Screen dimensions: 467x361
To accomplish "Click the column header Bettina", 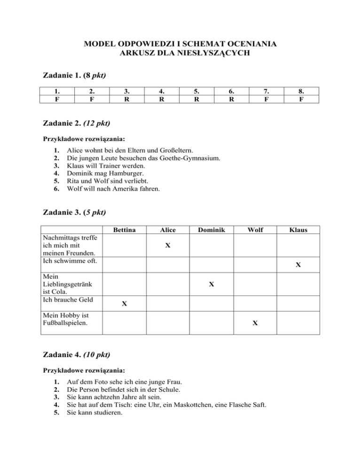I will pos(125,230).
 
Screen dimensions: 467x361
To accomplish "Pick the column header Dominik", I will pos(212,230).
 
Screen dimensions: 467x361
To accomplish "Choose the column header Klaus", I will pos(298,230).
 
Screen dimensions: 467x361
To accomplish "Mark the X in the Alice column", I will pos(168,246).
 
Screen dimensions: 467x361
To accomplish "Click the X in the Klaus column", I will pos(298,265).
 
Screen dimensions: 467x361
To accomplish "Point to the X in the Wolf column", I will pos(254,323).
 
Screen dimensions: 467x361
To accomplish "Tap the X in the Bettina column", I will pos(124,304).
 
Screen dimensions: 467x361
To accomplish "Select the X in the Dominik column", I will pos(212,284).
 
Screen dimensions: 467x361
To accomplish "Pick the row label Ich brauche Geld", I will pos(65,299).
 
